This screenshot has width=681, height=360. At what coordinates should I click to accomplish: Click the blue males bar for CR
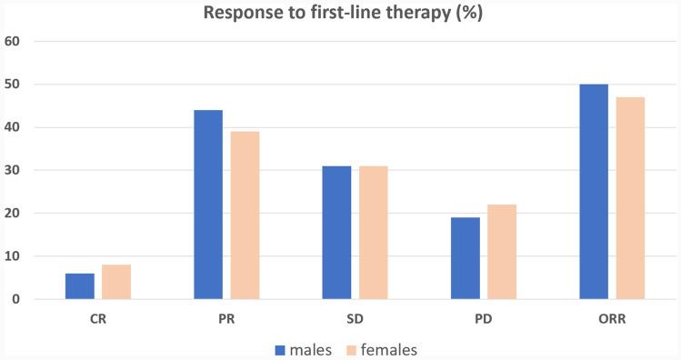click(x=79, y=286)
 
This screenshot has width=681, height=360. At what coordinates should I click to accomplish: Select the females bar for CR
click(x=116, y=282)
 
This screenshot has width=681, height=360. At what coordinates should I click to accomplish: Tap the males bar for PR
click(x=208, y=205)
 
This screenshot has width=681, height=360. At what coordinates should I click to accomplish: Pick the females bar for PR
click(x=245, y=215)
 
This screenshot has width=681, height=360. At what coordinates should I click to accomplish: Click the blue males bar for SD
click(x=336, y=233)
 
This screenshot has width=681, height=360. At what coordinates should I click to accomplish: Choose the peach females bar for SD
click(x=373, y=233)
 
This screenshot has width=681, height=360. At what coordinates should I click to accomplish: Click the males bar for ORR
click(x=594, y=192)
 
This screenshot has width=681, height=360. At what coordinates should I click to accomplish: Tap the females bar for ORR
click(x=630, y=198)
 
